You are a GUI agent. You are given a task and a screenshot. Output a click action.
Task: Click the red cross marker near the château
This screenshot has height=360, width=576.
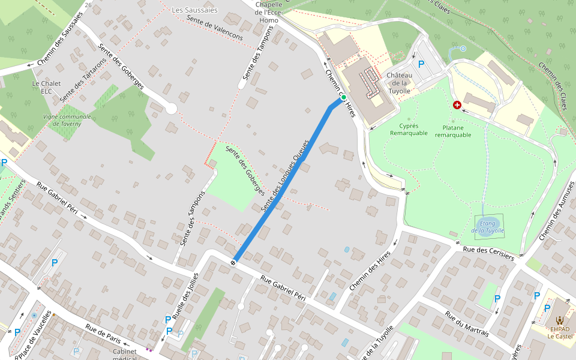pyautogui.click(x=457, y=105)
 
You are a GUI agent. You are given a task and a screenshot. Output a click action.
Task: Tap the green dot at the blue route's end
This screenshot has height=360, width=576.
pyautogui.click(x=344, y=97)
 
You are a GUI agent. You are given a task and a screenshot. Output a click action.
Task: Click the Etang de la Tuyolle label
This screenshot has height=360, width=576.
pyautogui.click(x=488, y=227)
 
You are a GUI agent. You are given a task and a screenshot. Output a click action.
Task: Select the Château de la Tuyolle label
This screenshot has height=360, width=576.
pyautogui.click(x=399, y=83)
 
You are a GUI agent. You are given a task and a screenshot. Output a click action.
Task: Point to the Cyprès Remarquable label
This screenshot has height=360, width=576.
pyautogui.click(x=409, y=130)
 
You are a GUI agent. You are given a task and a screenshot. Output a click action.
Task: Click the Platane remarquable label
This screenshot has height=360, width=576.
pyautogui.click(x=453, y=131)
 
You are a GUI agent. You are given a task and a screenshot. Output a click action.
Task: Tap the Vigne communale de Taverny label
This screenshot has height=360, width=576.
pyautogui.click(x=67, y=119)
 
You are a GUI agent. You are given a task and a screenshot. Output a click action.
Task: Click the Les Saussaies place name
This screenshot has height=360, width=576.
pyautogui.click(x=194, y=10)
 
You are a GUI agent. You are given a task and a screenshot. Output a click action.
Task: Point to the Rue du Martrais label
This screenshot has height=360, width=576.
pyautogui.click(x=467, y=324)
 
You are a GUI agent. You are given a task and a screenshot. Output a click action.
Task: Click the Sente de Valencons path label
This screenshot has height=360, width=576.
pyautogui.click(x=214, y=28)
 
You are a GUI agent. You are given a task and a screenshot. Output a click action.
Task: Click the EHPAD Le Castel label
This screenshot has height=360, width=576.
pyautogui.click(x=560, y=332)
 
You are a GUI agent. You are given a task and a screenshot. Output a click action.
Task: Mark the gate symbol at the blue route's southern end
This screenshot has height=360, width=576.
pyautogui.click(x=233, y=262)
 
